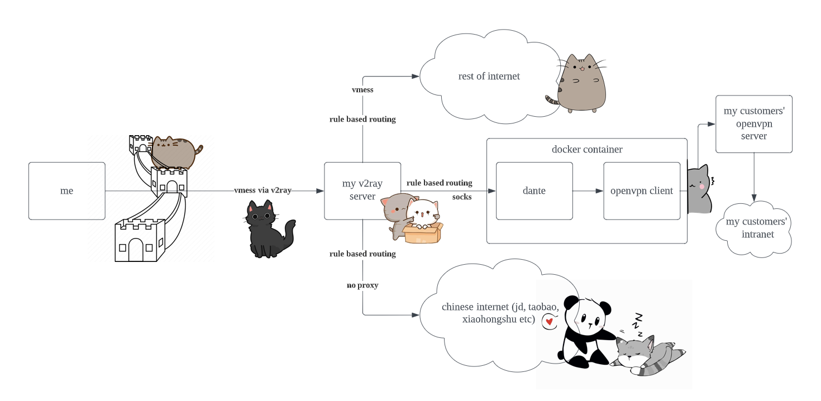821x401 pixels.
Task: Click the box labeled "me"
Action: coord(66,191)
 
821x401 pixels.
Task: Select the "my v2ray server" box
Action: coord(362,190)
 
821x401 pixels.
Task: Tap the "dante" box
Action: coord(534,191)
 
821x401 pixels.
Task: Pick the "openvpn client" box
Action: coord(641,191)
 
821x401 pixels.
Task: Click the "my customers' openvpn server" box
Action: coord(753,123)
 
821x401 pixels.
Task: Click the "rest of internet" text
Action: coord(489,77)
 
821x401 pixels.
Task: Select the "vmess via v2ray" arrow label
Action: coord(262,190)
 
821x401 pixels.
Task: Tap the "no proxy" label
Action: coord(362,285)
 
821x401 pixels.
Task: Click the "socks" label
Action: coord(462,197)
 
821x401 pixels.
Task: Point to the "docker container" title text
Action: coord(586,150)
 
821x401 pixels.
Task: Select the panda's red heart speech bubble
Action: coord(550,321)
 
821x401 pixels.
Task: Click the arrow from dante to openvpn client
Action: coord(588,191)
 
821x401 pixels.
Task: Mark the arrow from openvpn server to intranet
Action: coord(754,176)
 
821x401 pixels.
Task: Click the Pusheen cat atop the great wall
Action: coord(174,151)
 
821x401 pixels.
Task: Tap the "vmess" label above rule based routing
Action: coord(362,89)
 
